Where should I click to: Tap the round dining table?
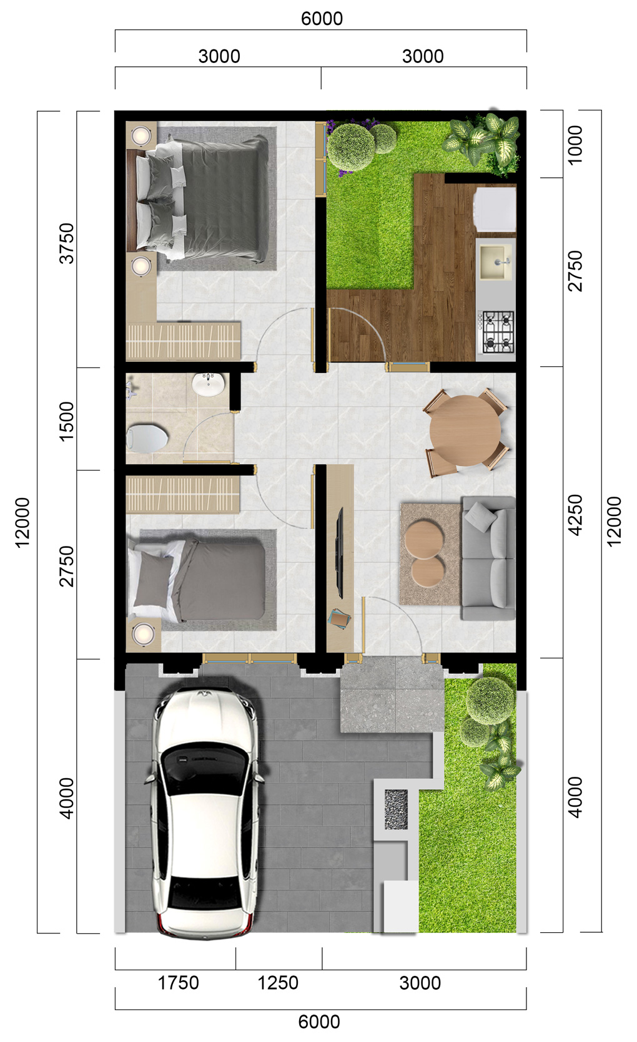coord(465,431)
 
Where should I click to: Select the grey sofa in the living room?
coord(488,558)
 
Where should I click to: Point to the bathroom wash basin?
coord(208,384)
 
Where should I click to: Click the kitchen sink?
coord(496,262)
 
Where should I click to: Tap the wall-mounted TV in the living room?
coord(340,553)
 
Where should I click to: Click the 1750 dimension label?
coord(179,983)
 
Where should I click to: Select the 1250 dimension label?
coord(278,983)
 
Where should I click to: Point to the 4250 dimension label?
coord(576,515)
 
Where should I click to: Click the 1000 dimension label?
coord(576,145)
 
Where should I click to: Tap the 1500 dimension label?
coord(67,421)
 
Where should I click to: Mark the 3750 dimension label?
coord(67,243)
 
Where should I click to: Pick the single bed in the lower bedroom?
coord(197,580)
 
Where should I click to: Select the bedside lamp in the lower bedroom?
coord(144,633)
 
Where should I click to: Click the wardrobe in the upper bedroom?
coord(184,341)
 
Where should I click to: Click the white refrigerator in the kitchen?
coord(495,208)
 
